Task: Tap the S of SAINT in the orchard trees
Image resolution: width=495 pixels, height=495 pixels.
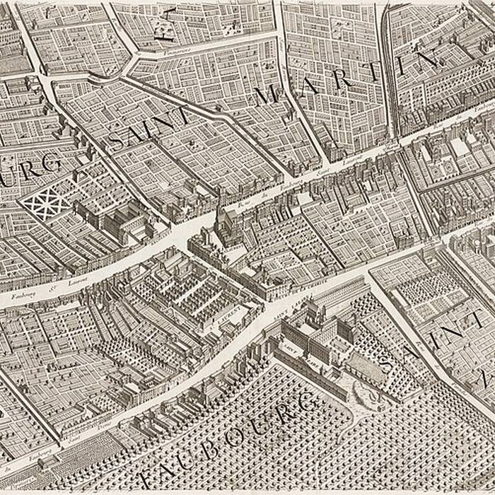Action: tap(388, 362)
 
